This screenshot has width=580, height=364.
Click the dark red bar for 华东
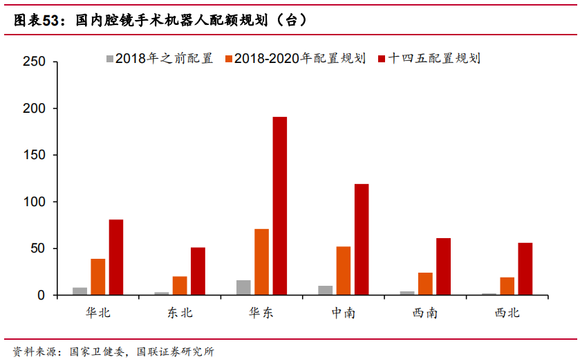pyautogui.click(x=279, y=206)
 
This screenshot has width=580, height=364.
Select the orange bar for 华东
pyautogui.click(x=261, y=262)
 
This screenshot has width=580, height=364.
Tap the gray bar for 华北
pyautogui.click(x=80, y=291)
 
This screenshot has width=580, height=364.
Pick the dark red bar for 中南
pyautogui.click(x=362, y=239)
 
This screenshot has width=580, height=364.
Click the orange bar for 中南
pyautogui.click(x=343, y=271)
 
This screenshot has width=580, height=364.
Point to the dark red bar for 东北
pyautogui.click(x=198, y=271)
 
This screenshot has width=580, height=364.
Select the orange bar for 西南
pyautogui.click(x=425, y=284)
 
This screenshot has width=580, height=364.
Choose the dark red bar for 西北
pyautogui.click(x=525, y=269)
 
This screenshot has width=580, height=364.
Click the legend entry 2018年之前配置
pyautogui.click(x=159, y=58)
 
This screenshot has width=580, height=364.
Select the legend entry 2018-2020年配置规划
pyautogui.click(x=294, y=58)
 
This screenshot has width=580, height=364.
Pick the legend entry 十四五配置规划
pyautogui.click(x=428, y=58)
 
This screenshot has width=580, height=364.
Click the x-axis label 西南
pyautogui.click(x=424, y=313)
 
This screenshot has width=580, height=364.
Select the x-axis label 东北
pyautogui.click(x=180, y=313)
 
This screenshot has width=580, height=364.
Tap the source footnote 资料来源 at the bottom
pyautogui.click(x=114, y=352)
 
